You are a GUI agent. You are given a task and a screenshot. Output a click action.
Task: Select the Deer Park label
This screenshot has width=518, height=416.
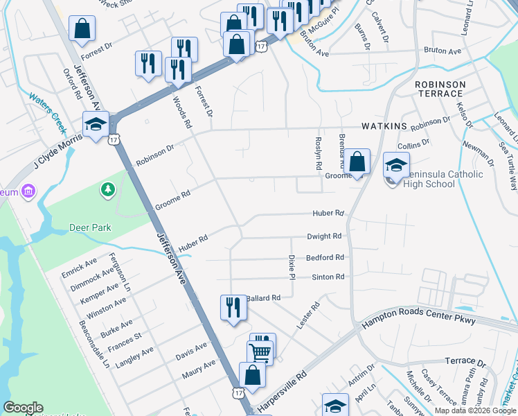[90, 227]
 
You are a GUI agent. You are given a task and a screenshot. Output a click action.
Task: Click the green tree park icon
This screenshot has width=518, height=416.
[107, 189]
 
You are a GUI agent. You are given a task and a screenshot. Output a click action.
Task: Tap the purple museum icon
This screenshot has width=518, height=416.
[28, 190]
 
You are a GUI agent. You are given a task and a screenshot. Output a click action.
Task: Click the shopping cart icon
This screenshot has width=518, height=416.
[260, 351]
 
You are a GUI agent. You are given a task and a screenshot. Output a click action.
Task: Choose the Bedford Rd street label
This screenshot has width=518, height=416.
[325, 257]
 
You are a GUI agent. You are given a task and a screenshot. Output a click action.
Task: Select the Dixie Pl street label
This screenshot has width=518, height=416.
[292, 263]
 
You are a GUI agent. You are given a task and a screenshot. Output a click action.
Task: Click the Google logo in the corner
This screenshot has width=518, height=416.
[23, 408]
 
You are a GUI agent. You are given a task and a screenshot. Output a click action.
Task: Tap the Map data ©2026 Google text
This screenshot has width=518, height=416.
[475, 410]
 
